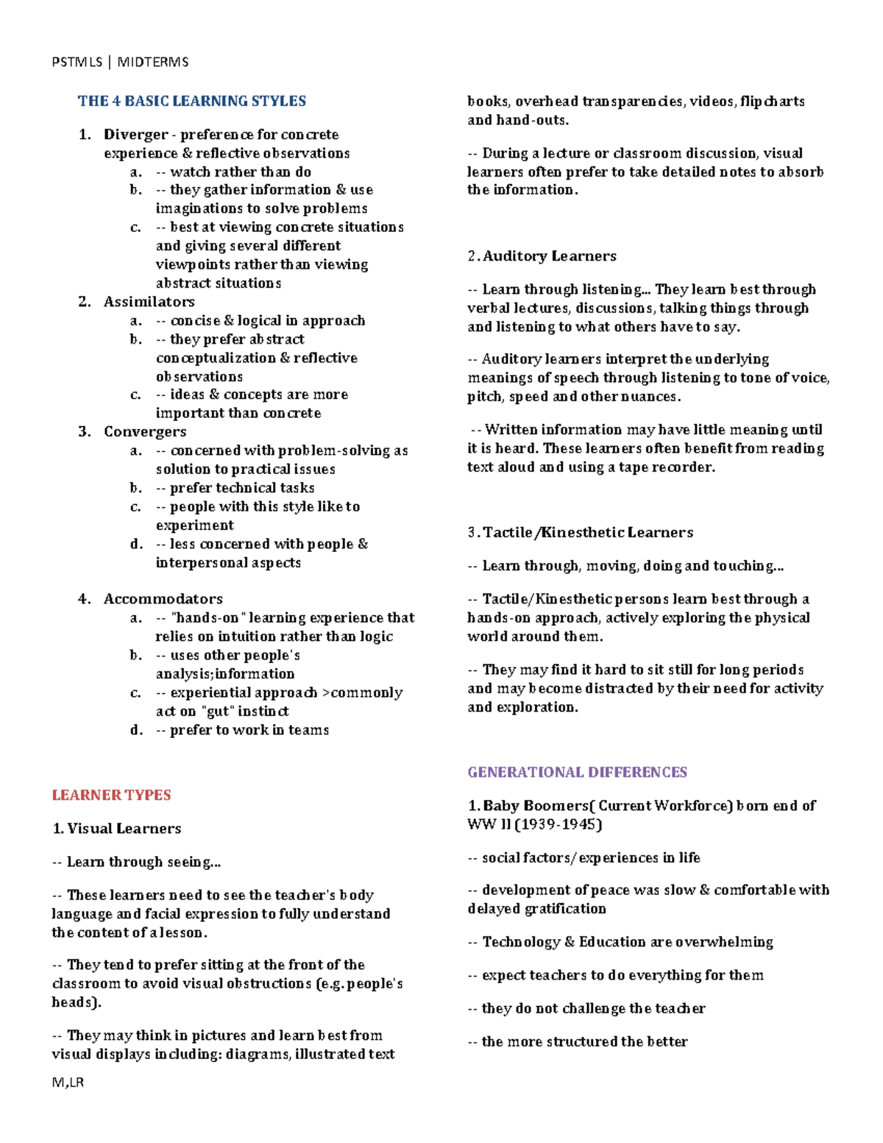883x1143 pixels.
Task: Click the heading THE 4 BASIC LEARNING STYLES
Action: coord(192,101)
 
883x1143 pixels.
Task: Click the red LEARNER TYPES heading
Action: coord(111,795)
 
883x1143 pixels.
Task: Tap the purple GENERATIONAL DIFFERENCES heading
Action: coord(577,772)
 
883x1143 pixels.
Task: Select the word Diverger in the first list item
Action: coord(136,135)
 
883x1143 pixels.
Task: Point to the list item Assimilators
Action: coord(149,302)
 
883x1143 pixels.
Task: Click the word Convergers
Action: coord(145,431)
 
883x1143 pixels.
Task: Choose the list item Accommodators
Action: coord(163,599)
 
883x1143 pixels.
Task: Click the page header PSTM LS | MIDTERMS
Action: coord(120,62)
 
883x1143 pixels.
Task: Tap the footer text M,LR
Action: coord(68,1083)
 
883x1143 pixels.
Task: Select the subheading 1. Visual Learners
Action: coord(116,829)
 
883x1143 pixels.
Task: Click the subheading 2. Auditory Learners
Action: coord(542,256)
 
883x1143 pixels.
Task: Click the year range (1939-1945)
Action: coord(558,824)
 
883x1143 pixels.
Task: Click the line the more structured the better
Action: coord(584,1041)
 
